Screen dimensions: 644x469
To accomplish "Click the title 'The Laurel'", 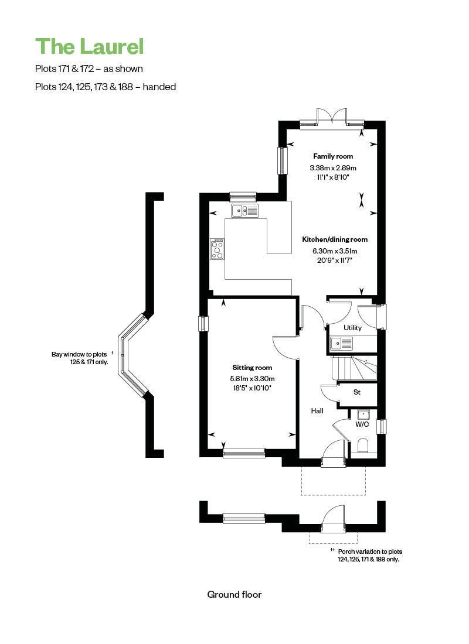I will [89, 46].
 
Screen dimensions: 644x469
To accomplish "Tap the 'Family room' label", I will [333, 156].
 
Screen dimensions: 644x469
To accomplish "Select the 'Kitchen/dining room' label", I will [335, 239].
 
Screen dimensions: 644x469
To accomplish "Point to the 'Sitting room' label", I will [252, 368].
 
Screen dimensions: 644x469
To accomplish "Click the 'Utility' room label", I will [353, 328].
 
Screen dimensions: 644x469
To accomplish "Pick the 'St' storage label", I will [356, 392].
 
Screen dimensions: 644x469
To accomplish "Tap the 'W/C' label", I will [362, 424].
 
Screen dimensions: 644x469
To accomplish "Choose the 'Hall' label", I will [317, 411].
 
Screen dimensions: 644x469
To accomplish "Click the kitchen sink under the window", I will [244, 210].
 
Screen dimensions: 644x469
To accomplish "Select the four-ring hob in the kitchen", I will [217, 248].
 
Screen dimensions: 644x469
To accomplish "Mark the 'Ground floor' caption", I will [235, 594].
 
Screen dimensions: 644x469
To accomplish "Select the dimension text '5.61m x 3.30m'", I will [252, 378].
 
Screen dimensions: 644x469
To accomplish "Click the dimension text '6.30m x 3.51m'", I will [335, 251].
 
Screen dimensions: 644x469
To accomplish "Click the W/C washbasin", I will [362, 414].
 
